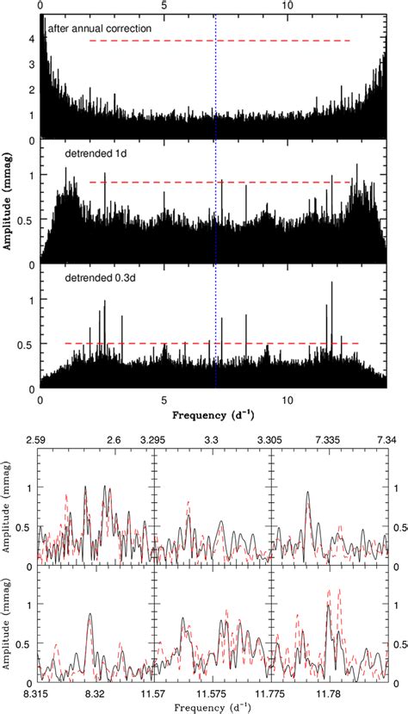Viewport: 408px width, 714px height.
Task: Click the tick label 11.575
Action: (x=212, y=691)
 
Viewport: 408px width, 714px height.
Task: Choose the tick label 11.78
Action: (x=329, y=691)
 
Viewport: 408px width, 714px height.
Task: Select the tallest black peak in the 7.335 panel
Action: (x=308, y=492)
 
